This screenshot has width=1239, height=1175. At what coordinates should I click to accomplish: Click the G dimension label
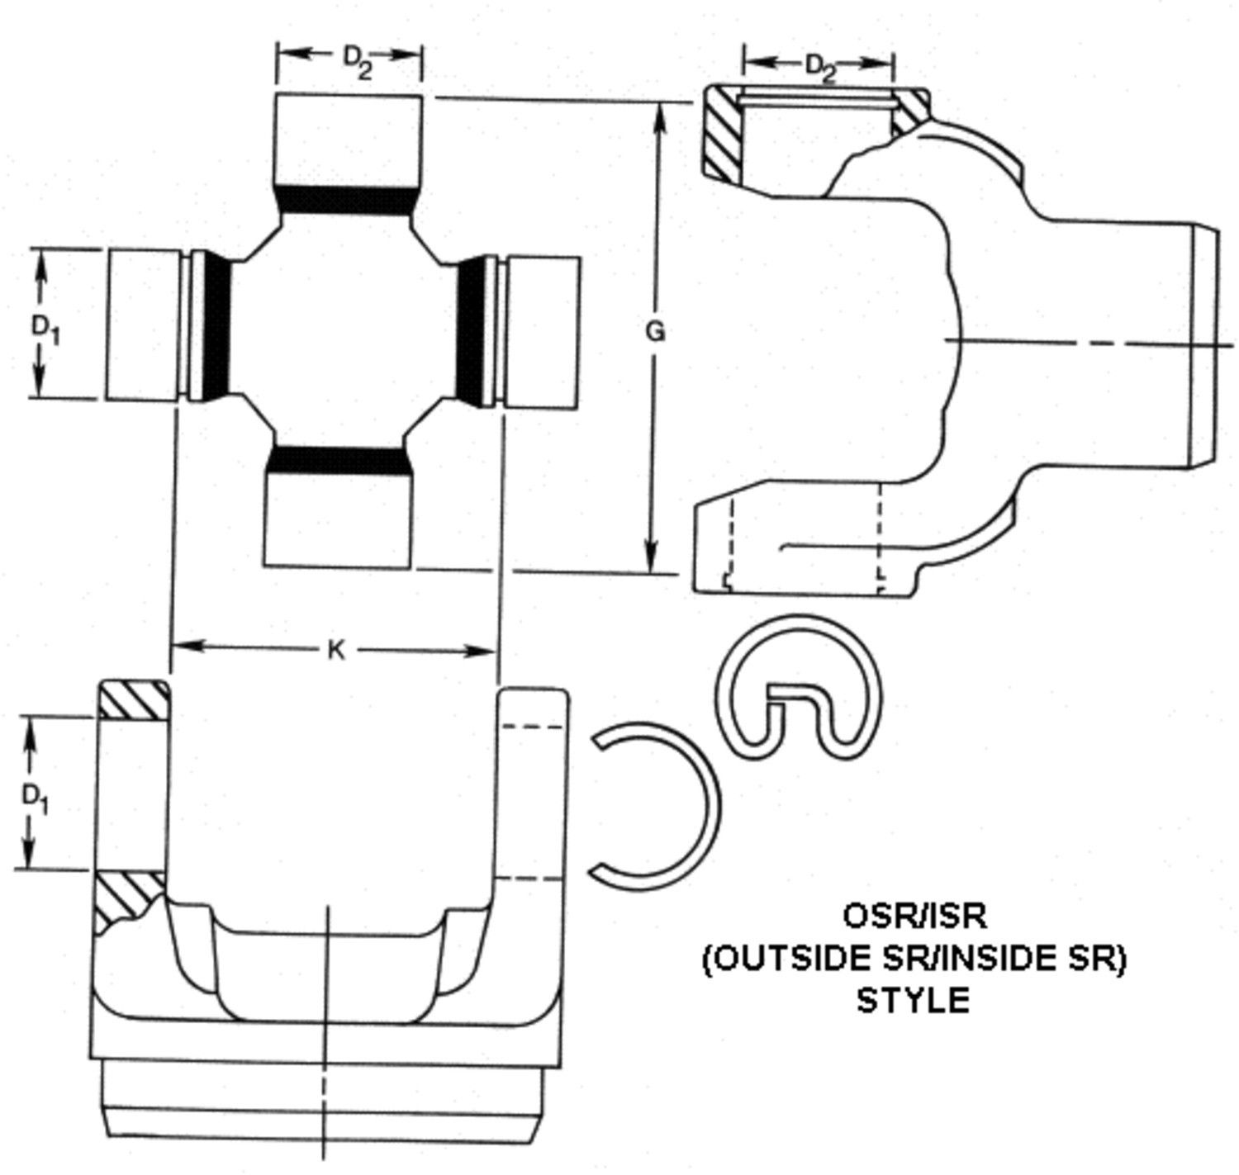pos(655,332)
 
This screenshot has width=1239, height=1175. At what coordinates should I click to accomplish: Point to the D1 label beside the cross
pos(46,329)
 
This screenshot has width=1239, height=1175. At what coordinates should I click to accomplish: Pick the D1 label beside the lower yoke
pos(36,802)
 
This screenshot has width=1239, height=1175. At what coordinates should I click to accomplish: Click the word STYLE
pos(913,1000)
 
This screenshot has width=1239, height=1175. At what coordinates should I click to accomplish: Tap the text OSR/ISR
pos(914,916)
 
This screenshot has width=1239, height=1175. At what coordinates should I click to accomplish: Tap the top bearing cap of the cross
pos(349,140)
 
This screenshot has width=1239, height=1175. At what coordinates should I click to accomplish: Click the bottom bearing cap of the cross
pos(338,519)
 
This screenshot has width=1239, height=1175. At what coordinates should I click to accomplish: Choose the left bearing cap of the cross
pos(141,325)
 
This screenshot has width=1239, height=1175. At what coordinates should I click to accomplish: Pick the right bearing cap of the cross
pos(541,333)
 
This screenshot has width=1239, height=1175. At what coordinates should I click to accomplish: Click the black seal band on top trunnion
pos(347,201)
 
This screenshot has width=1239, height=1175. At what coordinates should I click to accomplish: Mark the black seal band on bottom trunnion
pos(339,460)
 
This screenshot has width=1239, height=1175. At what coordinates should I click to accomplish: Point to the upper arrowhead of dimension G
pos(660,122)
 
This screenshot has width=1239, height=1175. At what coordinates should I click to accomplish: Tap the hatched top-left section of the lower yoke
pos(133,699)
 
